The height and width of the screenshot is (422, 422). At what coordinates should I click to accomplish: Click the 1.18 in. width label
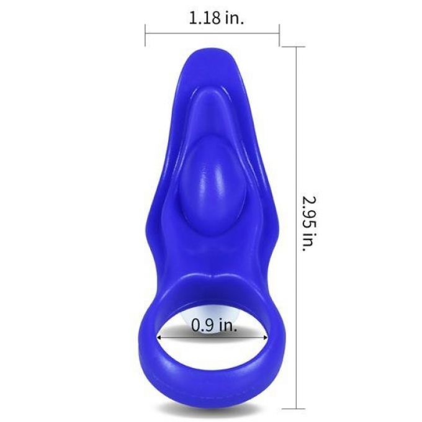pyautogui.click(x=217, y=18)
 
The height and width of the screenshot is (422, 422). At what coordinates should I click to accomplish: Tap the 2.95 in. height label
pyautogui.click(x=308, y=223)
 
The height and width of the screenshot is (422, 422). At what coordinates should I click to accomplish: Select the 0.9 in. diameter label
pyautogui.click(x=214, y=325)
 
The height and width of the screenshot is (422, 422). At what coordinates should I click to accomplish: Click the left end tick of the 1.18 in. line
pyautogui.click(x=145, y=35)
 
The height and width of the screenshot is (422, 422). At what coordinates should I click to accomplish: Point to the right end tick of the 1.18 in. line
pyautogui.click(x=279, y=35)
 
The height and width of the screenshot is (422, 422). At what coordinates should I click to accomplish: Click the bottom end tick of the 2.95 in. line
pyautogui.click(x=297, y=408)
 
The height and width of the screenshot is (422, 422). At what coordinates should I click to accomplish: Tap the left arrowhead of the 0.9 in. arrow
pyautogui.click(x=160, y=337)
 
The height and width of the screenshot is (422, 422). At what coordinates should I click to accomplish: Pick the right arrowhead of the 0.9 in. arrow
pyautogui.click(x=264, y=337)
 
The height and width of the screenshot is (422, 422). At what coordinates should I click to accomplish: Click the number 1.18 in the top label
pyautogui.click(x=205, y=19)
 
